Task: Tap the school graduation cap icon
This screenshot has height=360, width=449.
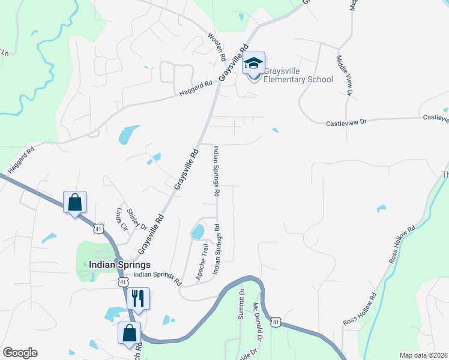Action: tap(253, 62)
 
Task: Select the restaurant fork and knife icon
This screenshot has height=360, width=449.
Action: tap(138, 298)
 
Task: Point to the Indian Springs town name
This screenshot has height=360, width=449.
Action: tap(119, 264)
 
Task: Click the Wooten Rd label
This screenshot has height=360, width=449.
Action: tap(216, 46)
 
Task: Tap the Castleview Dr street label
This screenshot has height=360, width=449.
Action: tap(346, 123)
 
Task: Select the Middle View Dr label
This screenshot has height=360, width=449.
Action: tap(343, 74)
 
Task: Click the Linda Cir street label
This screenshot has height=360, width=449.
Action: tap(122, 220)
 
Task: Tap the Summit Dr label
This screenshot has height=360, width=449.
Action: tap(241, 304)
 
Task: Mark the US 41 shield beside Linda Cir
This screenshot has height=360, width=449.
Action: tap(98, 228)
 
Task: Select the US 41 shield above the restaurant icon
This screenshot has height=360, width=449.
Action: tap(123, 281)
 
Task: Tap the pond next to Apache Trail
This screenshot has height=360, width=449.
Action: tap(197, 231)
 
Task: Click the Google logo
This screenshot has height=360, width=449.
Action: tap(20, 353)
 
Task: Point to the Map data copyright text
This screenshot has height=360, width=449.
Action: tap(423, 355)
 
